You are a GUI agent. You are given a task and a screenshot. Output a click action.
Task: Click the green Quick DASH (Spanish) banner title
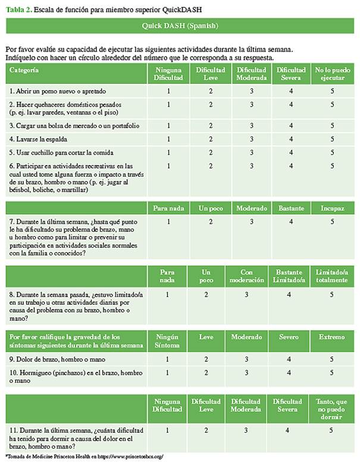pos(180,27)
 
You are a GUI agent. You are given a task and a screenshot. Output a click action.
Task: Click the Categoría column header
pos(24,70)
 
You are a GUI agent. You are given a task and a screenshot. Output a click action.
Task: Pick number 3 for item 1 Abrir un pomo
pos(252,91)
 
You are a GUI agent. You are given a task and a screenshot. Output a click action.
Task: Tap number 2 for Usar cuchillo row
pos(210,152)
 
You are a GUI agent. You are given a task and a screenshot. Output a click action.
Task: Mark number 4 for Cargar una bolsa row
pos(291,126)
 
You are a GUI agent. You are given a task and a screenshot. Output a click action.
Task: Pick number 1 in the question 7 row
pos(169,221)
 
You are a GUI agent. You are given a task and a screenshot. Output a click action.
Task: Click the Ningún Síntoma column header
pos(169,341)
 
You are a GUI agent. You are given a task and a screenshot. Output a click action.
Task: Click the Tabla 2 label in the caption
pos(17,7)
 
